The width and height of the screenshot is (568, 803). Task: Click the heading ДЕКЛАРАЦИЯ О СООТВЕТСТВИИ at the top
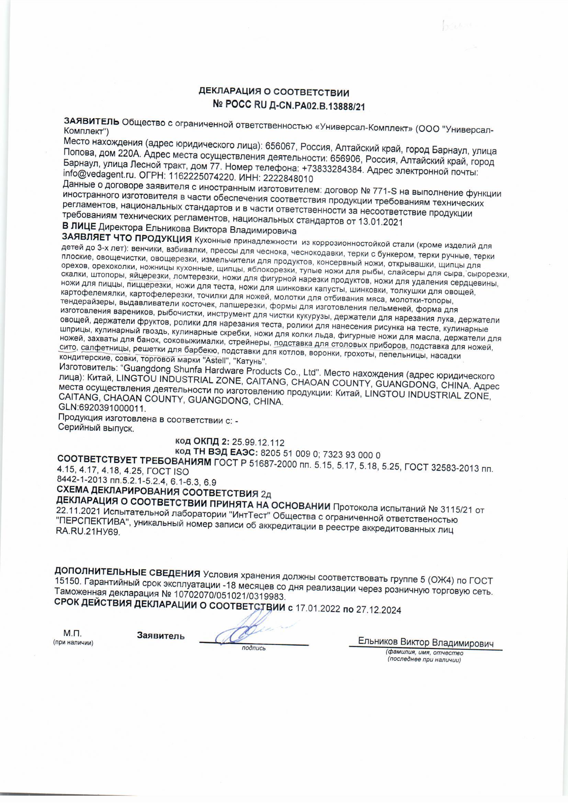pyautogui.click(x=274, y=93)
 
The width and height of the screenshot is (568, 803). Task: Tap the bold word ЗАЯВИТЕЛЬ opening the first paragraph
pyautogui.click(x=92, y=121)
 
